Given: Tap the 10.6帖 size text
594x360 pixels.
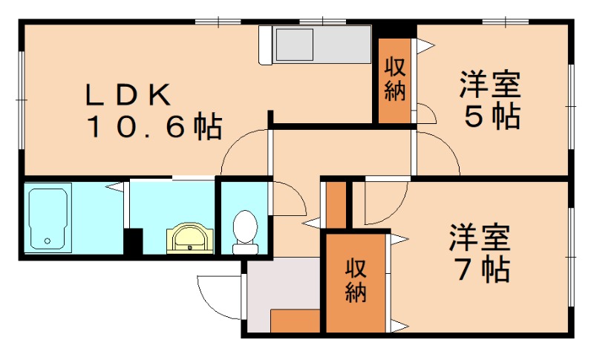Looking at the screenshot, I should click(x=155, y=128).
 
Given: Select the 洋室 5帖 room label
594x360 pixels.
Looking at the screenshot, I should click(x=489, y=100).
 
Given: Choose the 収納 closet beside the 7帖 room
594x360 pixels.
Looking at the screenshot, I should click(x=356, y=281).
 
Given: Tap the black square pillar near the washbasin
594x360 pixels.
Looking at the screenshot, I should click(x=133, y=241).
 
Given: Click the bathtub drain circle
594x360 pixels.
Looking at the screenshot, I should click(x=48, y=240).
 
